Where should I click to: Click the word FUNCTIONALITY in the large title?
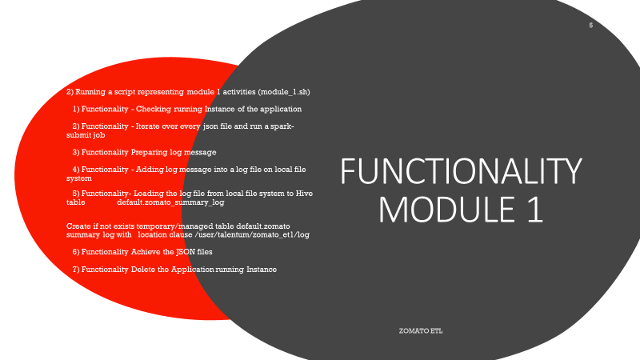point(461,171)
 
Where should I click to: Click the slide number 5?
point(590,26)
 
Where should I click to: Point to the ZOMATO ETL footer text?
point(421,331)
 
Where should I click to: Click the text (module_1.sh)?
point(284,92)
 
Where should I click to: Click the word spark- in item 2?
point(282,126)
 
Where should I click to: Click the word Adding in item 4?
point(150,170)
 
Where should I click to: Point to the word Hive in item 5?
point(304,194)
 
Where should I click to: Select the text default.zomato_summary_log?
point(170,202)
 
